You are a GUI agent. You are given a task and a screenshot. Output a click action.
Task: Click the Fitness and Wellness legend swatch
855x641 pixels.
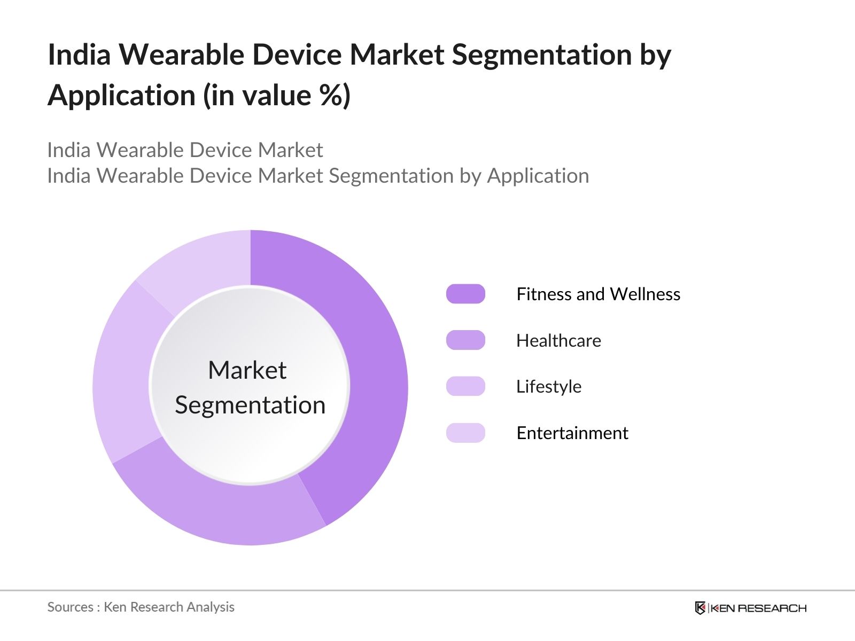[x=465, y=294]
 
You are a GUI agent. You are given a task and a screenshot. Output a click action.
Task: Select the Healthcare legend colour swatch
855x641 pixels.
[x=465, y=340]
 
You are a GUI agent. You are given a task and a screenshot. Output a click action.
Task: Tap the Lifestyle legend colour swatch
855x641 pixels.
[x=465, y=386]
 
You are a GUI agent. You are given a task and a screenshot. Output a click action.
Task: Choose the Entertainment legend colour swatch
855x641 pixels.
[x=465, y=433]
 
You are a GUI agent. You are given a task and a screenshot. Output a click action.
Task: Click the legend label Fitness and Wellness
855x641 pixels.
[x=598, y=294]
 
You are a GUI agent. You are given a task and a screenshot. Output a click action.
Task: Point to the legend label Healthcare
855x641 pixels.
[x=558, y=341]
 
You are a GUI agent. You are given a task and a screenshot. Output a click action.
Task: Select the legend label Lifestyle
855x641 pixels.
[x=549, y=387]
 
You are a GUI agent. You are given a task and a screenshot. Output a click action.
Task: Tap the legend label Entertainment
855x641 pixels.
[x=572, y=433]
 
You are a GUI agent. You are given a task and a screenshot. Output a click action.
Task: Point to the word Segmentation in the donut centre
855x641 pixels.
[x=250, y=405]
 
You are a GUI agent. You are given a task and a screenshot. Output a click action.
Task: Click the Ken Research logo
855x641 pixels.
[x=751, y=608]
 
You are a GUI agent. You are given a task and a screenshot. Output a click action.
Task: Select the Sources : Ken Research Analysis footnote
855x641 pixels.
[x=141, y=607]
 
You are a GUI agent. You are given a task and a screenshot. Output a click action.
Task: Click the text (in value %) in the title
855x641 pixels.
[x=277, y=96]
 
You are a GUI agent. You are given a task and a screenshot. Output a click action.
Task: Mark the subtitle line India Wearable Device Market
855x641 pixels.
[x=185, y=150]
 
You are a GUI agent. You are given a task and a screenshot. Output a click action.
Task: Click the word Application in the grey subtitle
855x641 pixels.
[x=538, y=176]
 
